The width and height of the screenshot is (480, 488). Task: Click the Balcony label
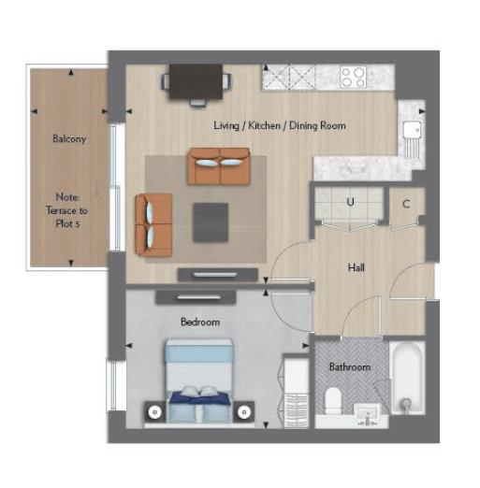(x=69, y=138)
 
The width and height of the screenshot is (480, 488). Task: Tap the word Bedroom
(x=200, y=322)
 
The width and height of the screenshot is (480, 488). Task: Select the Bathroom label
(x=350, y=366)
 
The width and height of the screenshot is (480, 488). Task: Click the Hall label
(x=356, y=267)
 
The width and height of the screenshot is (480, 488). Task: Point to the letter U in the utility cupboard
(x=350, y=202)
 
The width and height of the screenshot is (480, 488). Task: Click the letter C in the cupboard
(x=406, y=204)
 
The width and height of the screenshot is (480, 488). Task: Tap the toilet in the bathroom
(x=333, y=401)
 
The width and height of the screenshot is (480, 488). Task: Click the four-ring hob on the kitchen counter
(x=354, y=77)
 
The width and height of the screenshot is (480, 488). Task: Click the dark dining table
(x=196, y=81)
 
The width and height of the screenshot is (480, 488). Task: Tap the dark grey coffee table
(x=211, y=222)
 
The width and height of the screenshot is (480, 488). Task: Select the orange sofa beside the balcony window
(x=153, y=224)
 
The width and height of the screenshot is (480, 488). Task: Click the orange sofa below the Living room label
(x=219, y=166)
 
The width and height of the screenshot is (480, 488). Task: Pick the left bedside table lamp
(x=154, y=412)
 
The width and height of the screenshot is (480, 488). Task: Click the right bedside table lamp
(x=243, y=412)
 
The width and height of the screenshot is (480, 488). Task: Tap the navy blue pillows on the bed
(x=200, y=399)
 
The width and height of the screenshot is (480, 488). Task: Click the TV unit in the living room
(x=218, y=275)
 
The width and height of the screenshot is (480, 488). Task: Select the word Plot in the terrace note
(x=65, y=223)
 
